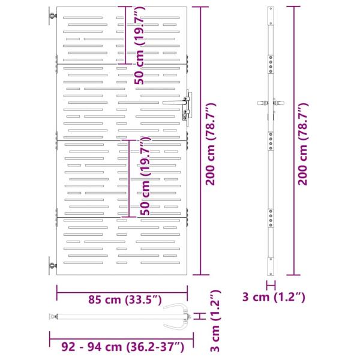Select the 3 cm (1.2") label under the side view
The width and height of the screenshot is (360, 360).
(274, 296)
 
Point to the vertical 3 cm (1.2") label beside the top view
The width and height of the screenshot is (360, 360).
(217, 321)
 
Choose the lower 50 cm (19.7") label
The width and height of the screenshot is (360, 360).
(144, 177)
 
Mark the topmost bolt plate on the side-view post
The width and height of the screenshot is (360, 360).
(271, 61)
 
